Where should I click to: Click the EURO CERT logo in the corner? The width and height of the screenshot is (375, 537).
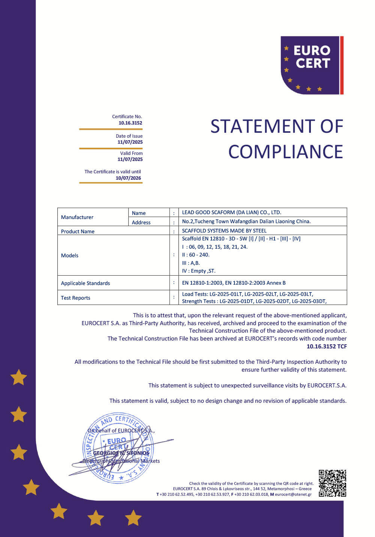[x=312, y=65]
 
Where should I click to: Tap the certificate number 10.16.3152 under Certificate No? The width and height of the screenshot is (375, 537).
[x=130, y=123]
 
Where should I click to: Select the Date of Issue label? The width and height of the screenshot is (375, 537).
[x=129, y=136]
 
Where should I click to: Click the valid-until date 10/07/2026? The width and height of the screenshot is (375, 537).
[x=128, y=178]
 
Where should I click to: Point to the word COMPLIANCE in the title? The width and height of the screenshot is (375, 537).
[x=285, y=152]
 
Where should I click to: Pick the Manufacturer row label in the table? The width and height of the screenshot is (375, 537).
[x=77, y=217]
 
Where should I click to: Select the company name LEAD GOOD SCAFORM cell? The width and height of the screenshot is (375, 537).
[x=231, y=212]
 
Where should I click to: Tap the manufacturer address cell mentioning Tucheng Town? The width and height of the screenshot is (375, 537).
[x=246, y=221]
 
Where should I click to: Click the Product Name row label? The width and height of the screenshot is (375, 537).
[x=78, y=231]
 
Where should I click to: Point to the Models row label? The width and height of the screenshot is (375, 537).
[x=70, y=255]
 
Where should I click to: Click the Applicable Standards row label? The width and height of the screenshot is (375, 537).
[x=85, y=283]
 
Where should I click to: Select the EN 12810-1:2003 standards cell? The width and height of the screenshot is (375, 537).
[x=234, y=283]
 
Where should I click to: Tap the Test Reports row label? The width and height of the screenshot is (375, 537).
[x=75, y=298]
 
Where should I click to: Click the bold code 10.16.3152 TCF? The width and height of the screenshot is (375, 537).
[x=326, y=346]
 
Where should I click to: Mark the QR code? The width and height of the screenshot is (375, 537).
[x=332, y=483]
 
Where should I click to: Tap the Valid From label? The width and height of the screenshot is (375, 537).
[x=131, y=153]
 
